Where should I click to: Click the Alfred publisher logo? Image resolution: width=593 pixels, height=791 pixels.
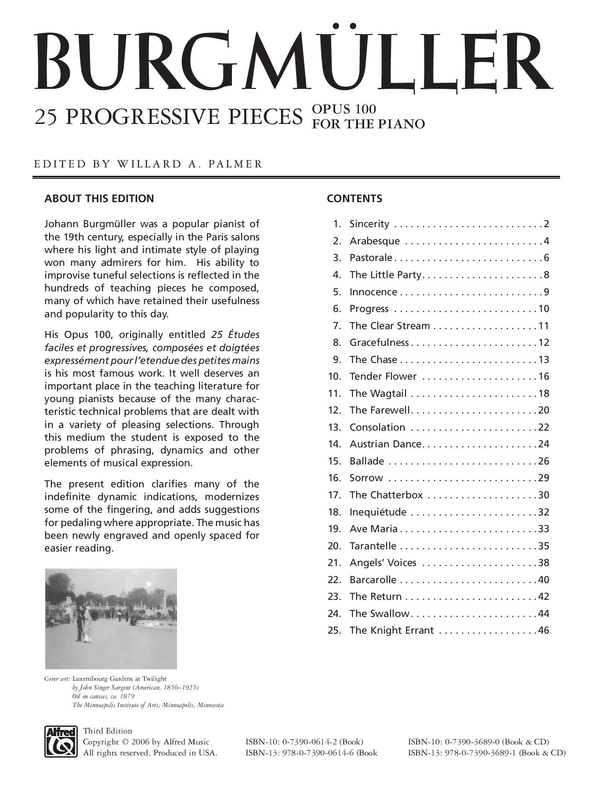61,741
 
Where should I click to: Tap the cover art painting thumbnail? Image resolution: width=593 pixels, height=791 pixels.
111,619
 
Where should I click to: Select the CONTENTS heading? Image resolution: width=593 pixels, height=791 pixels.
354,199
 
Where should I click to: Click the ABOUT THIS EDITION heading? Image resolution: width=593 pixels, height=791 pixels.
99,199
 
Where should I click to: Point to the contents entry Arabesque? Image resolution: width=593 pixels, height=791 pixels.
375,241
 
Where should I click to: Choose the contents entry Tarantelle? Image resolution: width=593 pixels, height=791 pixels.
373,546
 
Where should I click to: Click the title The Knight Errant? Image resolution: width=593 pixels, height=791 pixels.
391,630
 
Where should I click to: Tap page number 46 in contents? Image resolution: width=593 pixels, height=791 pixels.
543,630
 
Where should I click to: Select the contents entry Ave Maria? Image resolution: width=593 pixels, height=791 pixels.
373,529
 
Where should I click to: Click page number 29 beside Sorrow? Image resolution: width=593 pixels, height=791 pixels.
543,478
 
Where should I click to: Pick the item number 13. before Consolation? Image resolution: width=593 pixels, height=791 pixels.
335,427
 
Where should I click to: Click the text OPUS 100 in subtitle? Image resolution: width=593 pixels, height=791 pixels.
344,109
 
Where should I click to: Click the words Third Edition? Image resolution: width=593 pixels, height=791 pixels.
108,731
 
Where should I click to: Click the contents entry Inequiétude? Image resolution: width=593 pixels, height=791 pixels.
378,512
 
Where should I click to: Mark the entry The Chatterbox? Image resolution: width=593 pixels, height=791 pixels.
386,495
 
